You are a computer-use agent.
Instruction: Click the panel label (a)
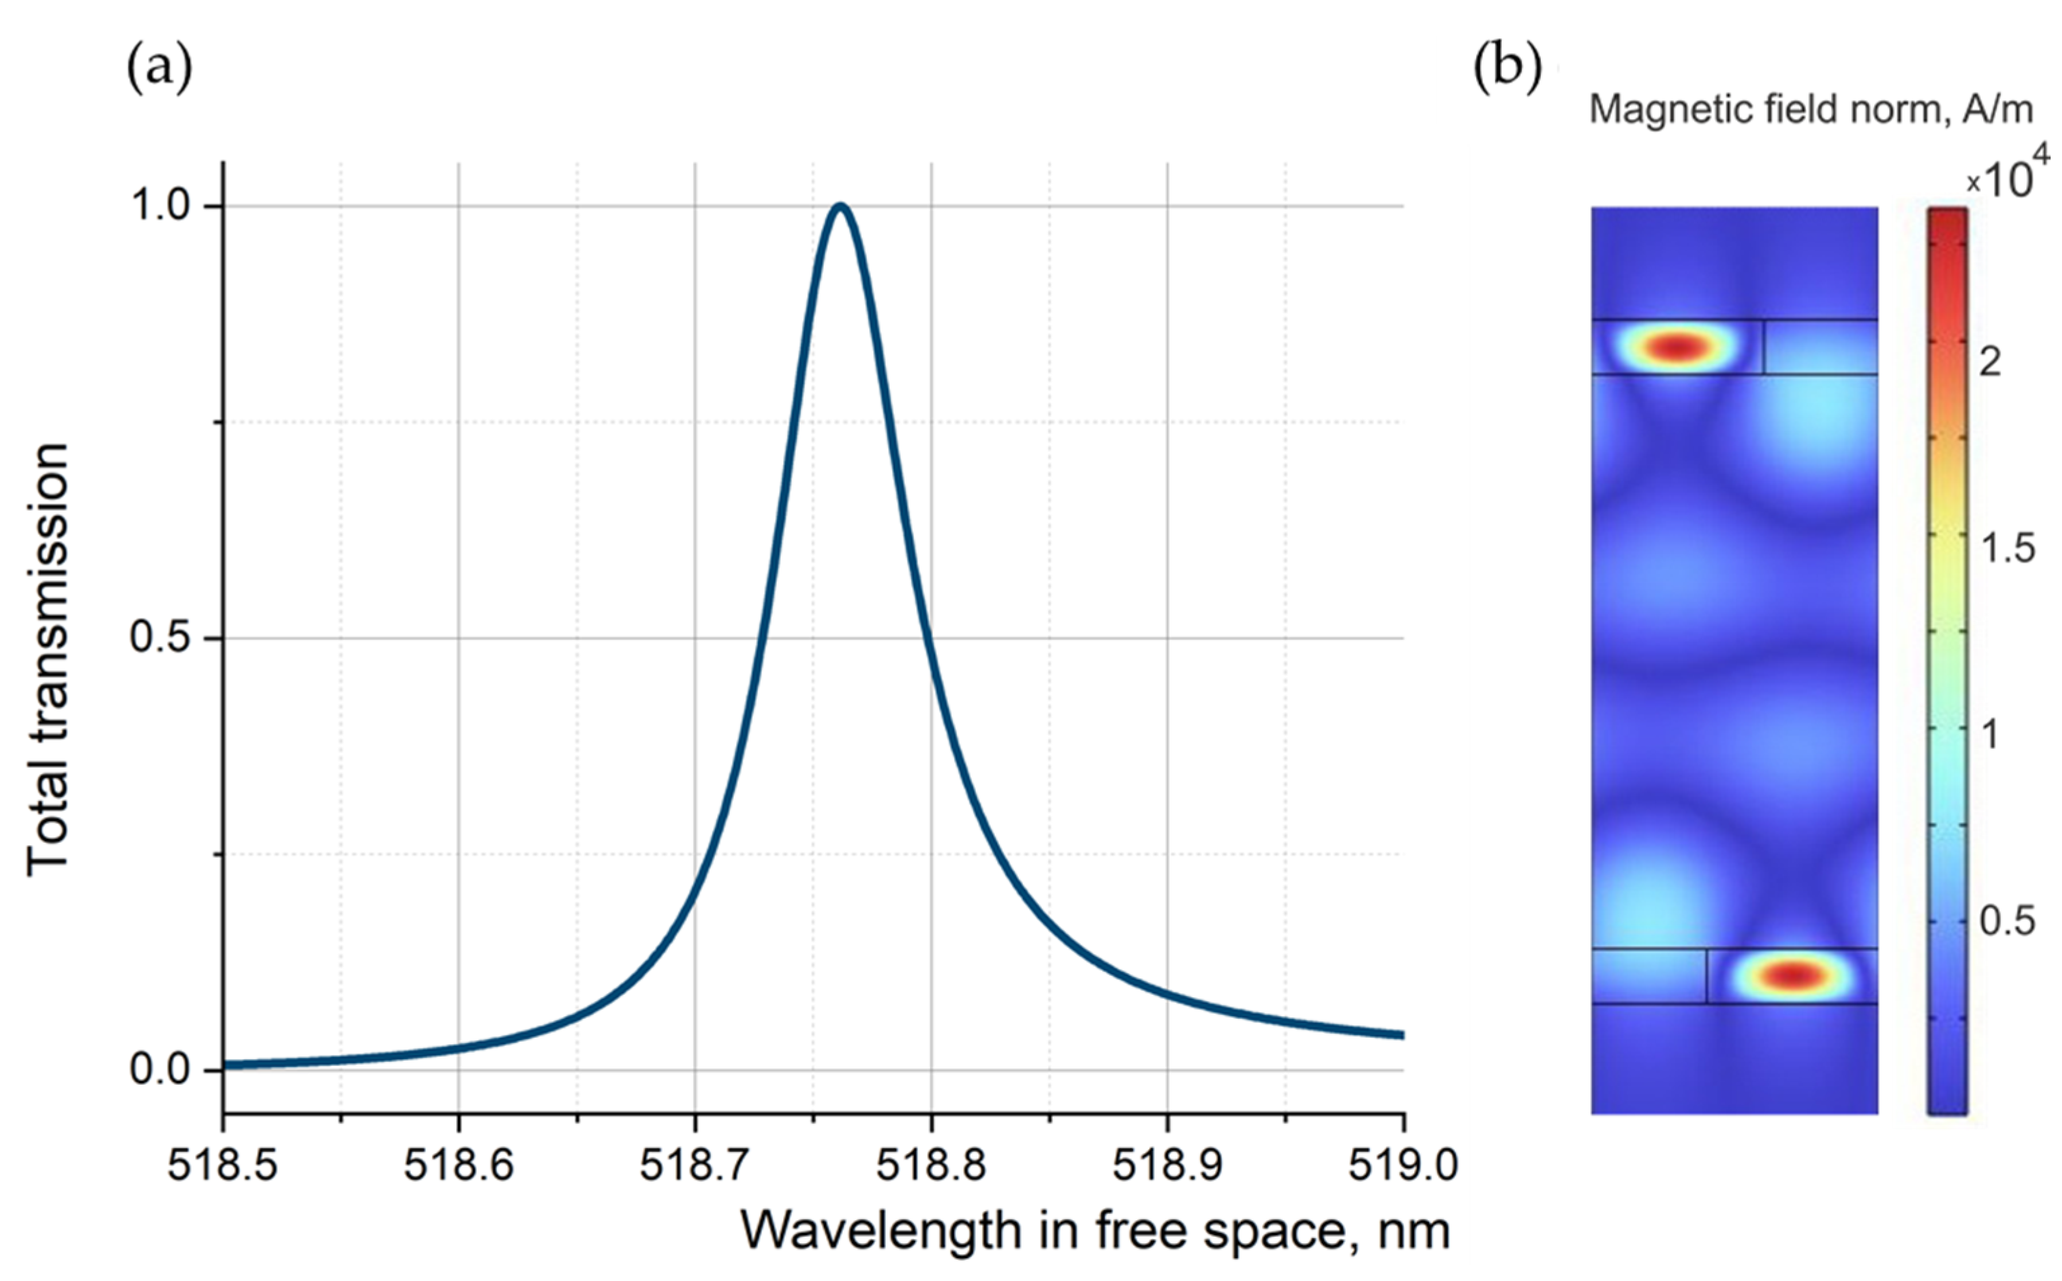[x=159, y=68]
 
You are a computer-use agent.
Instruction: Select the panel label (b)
[x=1507, y=68]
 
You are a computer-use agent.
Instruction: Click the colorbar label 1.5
[x=2007, y=549]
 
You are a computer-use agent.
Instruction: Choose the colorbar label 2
[x=1990, y=363]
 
